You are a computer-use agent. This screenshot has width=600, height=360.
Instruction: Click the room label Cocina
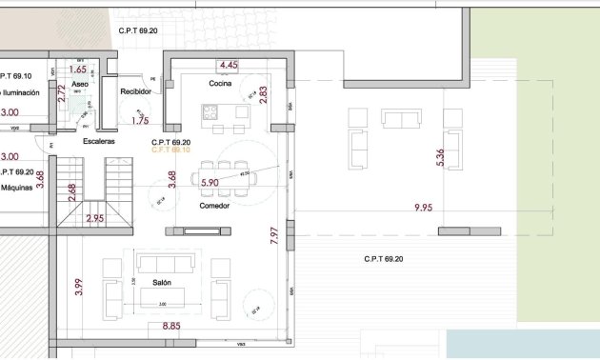point(222,84)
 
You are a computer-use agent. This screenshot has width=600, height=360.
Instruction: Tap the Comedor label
point(214,206)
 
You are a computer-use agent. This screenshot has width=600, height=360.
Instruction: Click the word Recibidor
point(136,91)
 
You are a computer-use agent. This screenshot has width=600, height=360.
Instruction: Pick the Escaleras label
point(99,141)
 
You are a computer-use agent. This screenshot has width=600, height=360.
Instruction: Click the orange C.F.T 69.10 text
point(170,150)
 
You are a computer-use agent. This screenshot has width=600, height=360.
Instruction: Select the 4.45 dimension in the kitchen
point(229,65)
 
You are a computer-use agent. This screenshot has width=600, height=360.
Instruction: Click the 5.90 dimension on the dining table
point(210,180)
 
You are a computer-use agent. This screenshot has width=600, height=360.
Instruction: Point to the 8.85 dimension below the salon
point(171,327)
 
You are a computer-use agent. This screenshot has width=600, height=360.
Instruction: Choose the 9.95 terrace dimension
point(424,207)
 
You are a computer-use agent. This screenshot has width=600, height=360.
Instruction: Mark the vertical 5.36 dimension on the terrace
point(439,158)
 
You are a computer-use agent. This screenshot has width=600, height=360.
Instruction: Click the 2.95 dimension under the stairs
point(95,218)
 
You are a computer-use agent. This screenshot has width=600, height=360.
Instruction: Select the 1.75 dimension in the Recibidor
point(141,121)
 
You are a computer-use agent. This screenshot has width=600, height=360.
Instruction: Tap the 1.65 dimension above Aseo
point(78,70)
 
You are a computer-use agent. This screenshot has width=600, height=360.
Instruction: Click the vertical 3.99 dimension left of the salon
point(79,287)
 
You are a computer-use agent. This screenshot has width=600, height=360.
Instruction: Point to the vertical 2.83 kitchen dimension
point(264,95)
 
